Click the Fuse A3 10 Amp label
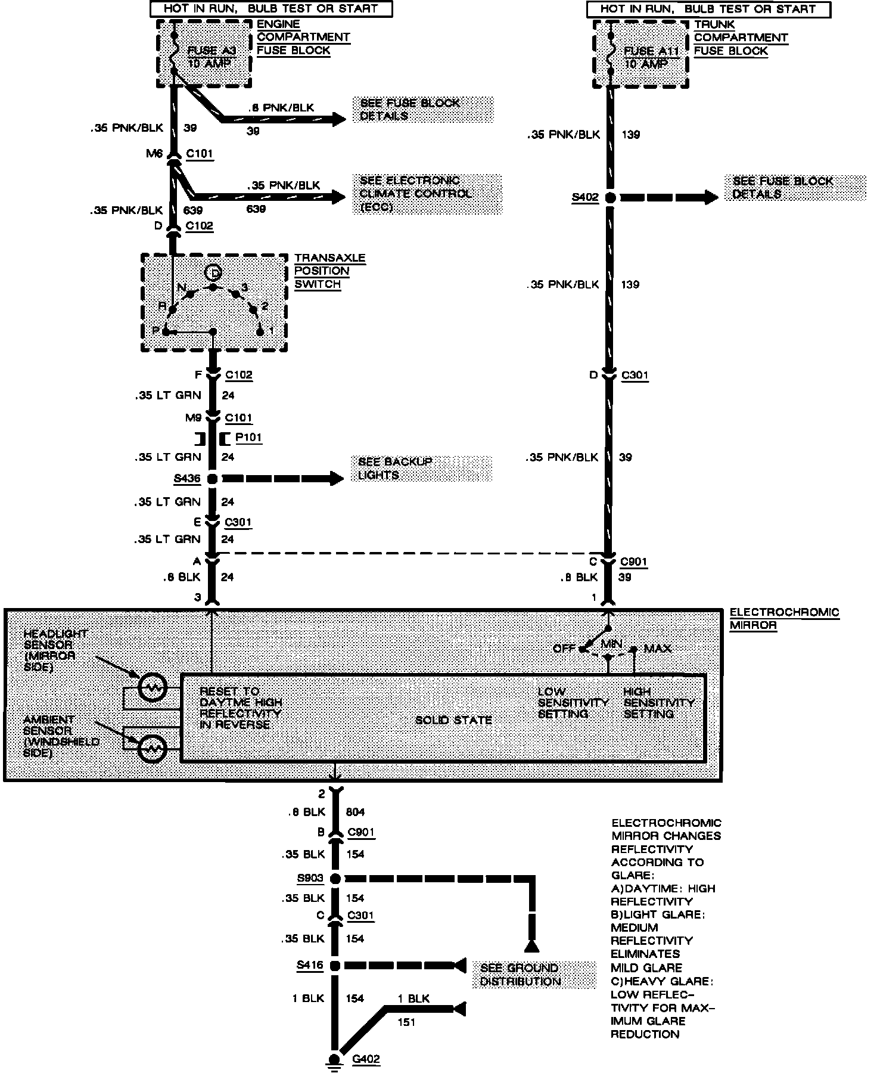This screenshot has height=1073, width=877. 212,57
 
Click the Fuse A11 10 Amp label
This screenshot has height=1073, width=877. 651,57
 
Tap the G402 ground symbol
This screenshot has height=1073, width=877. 335,1059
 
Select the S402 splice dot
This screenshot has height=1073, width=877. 609,198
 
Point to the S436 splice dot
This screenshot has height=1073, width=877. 212,479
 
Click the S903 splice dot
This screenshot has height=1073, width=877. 335,878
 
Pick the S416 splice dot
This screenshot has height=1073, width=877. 335,965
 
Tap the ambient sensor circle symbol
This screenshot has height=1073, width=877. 152,748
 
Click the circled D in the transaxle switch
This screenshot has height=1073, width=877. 213,273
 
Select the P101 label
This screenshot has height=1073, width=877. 248,438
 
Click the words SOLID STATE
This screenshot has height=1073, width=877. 453,720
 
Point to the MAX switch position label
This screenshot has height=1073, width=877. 657,649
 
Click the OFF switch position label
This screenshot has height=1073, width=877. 564,648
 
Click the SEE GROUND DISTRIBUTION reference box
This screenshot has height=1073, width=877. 533,975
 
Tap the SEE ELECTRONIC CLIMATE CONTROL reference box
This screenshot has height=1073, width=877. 428,194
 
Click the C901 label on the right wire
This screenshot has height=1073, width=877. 633,562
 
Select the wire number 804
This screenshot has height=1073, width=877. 355,812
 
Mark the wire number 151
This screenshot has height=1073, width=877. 407,1022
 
